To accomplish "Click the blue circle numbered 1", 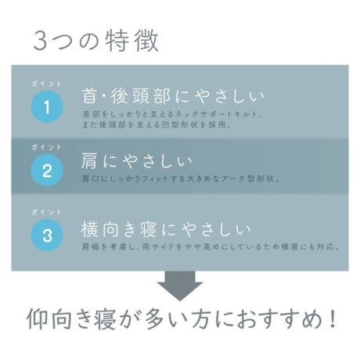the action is (x=47, y=107).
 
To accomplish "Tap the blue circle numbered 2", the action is (x=47, y=170).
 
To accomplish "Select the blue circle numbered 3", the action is (x=47, y=235).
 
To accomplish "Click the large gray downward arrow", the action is (x=180, y=286).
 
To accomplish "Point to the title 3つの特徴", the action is (x=96, y=41).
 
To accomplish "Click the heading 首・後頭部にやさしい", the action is (x=173, y=96).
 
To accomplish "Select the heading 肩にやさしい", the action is (x=137, y=160).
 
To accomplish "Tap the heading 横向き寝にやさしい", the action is (x=166, y=229).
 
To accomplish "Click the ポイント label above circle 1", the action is (x=47, y=84).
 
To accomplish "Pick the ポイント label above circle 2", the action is (x=47, y=147).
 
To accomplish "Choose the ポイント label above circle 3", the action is (x=47, y=212).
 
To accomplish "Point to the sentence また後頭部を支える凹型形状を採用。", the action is (x=157, y=124).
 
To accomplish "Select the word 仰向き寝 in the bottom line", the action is (x=71, y=319).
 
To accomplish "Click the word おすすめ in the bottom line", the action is (x=279, y=319).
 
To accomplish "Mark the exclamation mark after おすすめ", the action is (x=332, y=319).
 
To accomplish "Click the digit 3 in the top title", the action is (x=40, y=41).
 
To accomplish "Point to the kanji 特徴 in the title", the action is (x=132, y=41).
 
